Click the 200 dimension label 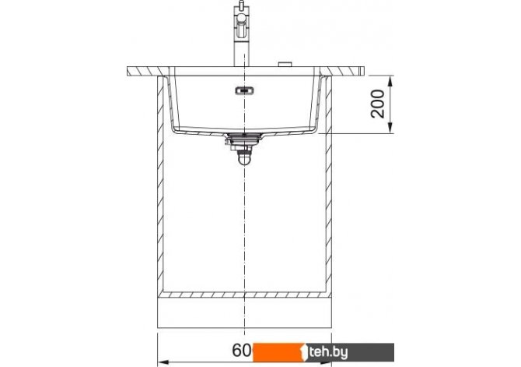pos(377,104)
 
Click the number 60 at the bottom pos(242,351)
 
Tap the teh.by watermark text pos(328,352)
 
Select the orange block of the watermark pos(279,352)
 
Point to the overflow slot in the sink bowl pos(244,90)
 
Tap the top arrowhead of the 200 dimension pos(390,80)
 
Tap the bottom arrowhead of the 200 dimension pos(390,129)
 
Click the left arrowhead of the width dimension pos(163,362)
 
